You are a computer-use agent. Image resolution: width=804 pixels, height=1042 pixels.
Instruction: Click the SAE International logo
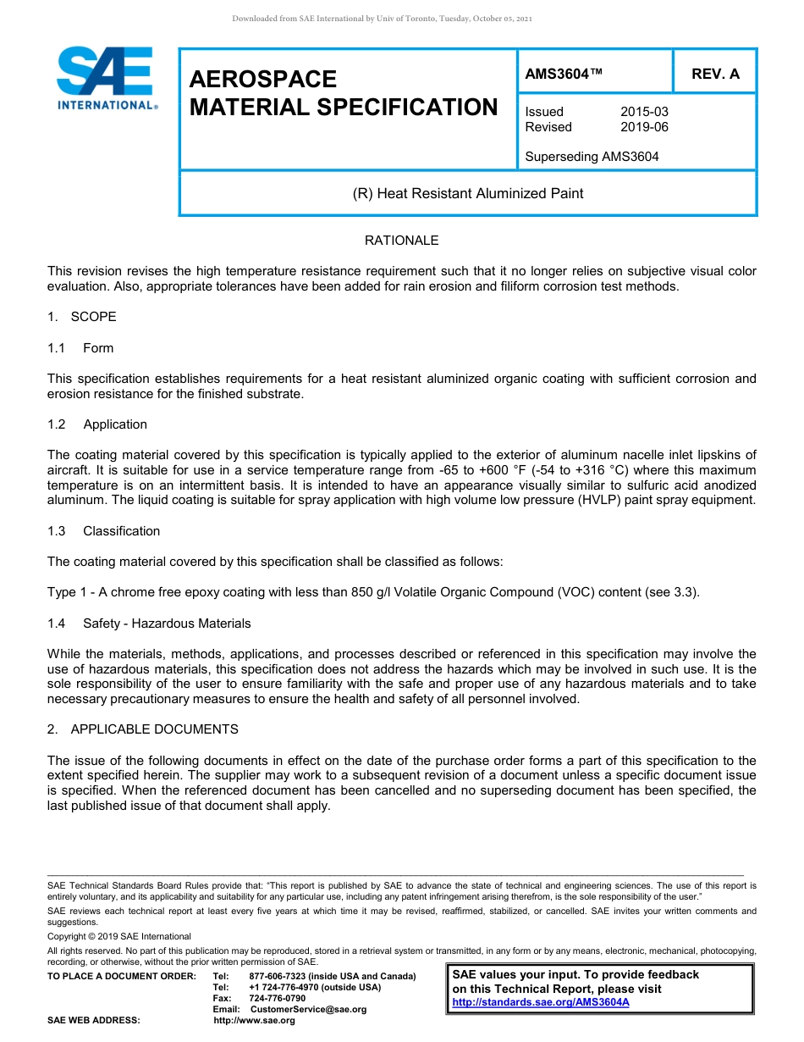pyautogui.click(x=106, y=78)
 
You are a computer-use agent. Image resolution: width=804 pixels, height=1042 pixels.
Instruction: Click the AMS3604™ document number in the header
pyautogui.click(x=564, y=74)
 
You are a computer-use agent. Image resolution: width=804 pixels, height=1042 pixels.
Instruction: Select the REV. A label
pyautogui.click(x=715, y=74)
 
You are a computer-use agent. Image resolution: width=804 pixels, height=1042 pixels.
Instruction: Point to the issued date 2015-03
pyautogui.click(x=644, y=112)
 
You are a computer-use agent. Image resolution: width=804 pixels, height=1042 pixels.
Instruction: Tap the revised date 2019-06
pyautogui.click(x=644, y=127)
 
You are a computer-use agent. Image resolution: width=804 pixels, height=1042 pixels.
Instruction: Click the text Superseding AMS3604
pyautogui.click(x=592, y=157)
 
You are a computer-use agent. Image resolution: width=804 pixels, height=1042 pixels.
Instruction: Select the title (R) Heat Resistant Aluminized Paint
pyautogui.click(x=467, y=193)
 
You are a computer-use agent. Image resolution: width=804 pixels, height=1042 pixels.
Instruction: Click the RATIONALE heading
pyautogui.click(x=401, y=241)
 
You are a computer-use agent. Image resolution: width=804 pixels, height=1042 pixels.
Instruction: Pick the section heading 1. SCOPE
pyautogui.click(x=82, y=317)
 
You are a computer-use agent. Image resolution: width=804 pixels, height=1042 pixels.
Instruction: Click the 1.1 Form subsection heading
pyautogui.click(x=81, y=348)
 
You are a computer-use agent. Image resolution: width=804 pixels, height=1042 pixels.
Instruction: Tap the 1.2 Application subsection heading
pyautogui.click(x=97, y=424)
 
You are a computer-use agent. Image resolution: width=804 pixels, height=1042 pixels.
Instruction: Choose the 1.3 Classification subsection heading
pyautogui.click(x=104, y=531)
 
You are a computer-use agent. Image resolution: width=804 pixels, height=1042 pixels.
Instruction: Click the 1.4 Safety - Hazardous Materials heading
pyautogui.click(x=149, y=624)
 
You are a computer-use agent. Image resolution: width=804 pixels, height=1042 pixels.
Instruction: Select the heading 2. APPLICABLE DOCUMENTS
pyautogui.click(x=143, y=729)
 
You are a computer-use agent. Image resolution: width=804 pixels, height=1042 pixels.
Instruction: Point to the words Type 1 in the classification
pyautogui.click(x=64, y=592)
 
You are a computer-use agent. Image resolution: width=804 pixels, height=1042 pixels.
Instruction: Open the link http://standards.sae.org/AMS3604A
pyautogui.click(x=541, y=1002)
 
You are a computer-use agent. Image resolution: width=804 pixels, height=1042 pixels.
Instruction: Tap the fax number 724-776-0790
pyautogui.click(x=277, y=998)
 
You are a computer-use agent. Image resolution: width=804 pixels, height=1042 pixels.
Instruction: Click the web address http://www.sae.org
pyautogui.click(x=254, y=1020)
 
